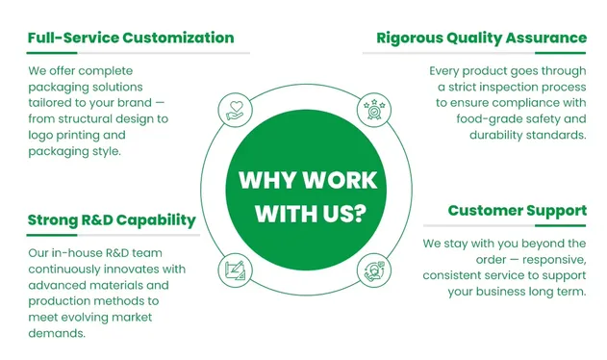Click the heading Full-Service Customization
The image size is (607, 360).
tap(131, 38)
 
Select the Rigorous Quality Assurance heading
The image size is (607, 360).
tap(482, 39)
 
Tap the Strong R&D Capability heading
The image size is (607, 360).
tap(112, 220)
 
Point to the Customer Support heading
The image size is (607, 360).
tap(518, 211)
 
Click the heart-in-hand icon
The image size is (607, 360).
tap(235, 110)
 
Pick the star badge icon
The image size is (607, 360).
tap(374, 110)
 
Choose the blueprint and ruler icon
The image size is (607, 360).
tap(235, 270)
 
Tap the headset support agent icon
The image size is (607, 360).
tap(374, 270)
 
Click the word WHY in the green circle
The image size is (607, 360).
tap(267, 180)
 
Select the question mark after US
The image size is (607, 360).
tap(360, 213)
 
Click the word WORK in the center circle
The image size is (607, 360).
tap(340, 180)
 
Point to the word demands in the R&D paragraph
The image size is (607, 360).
tap(57, 333)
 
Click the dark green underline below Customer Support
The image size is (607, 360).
tap(560, 225)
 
